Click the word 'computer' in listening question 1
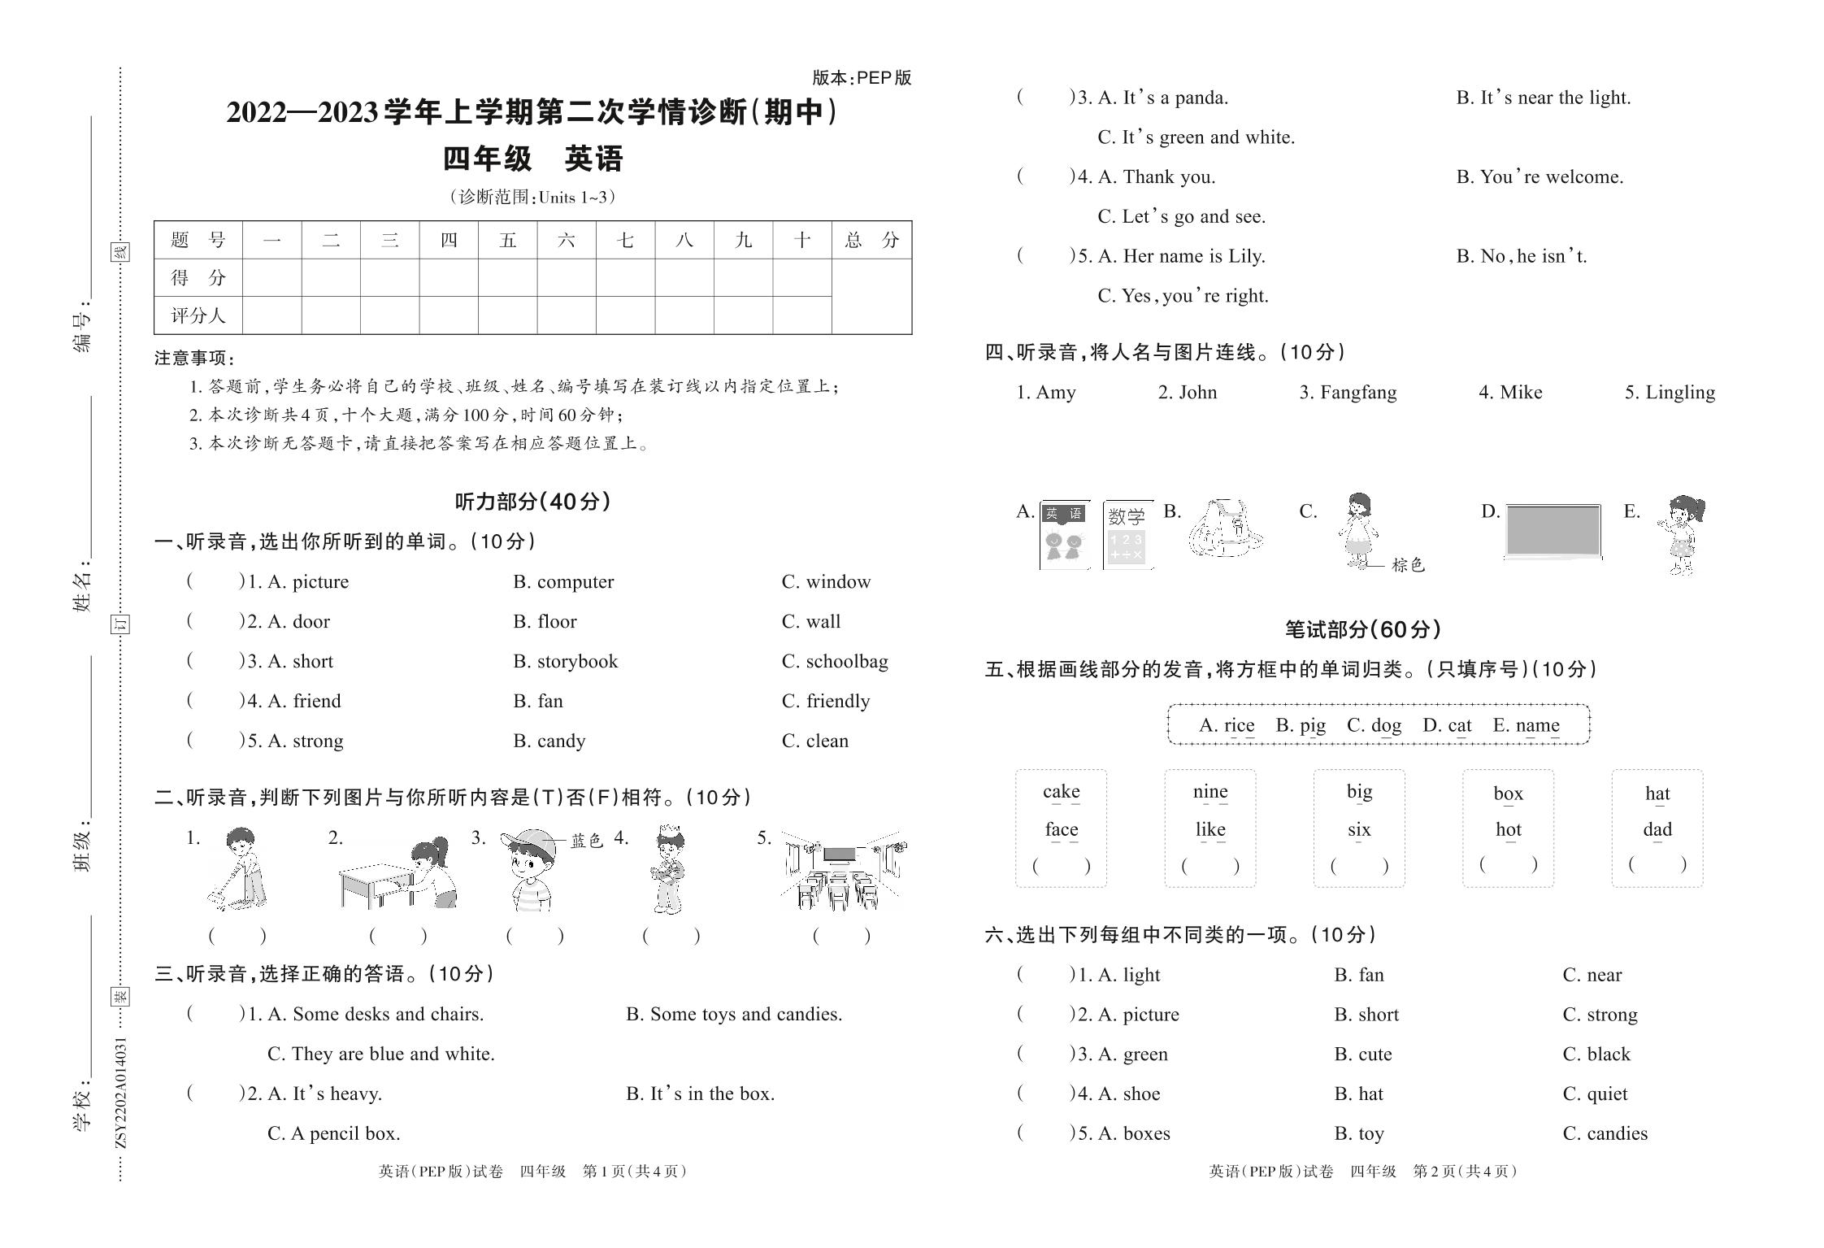tap(575, 582)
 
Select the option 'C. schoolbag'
tap(835, 662)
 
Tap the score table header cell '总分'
tap(871, 240)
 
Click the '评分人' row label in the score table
tap(198, 315)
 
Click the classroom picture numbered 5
tap(841, 870)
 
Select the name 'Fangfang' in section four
tap(1357, 393)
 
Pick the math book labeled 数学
tap(1127, 535)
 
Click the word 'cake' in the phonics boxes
tap(1061, 792)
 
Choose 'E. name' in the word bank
tap(1526, 725)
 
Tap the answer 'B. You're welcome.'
tap(1540, 177)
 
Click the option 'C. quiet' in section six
tap(1595, 1094)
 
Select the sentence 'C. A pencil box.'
tap(333, 1133)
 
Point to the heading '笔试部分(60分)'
tap(1362, 629)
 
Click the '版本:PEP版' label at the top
tap(862, 78)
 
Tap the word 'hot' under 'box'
tap(1508, 830)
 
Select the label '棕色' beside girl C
tap(1408, 565)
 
